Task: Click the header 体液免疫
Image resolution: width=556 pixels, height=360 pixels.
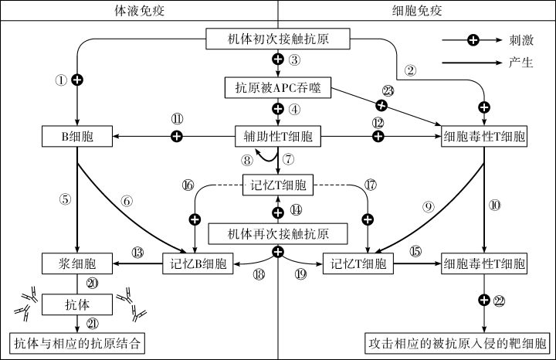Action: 138,10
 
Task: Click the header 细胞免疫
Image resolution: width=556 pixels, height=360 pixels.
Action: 416,10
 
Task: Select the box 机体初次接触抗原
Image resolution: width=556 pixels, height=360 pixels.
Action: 278,38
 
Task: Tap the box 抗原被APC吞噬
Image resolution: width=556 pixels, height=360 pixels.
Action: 278,88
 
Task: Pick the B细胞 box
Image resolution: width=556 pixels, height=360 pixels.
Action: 76,138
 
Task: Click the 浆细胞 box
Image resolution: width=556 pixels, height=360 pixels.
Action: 76,263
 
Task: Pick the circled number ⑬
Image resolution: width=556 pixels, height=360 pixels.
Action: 138,252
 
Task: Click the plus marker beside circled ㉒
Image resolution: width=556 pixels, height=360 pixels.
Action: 484,300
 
